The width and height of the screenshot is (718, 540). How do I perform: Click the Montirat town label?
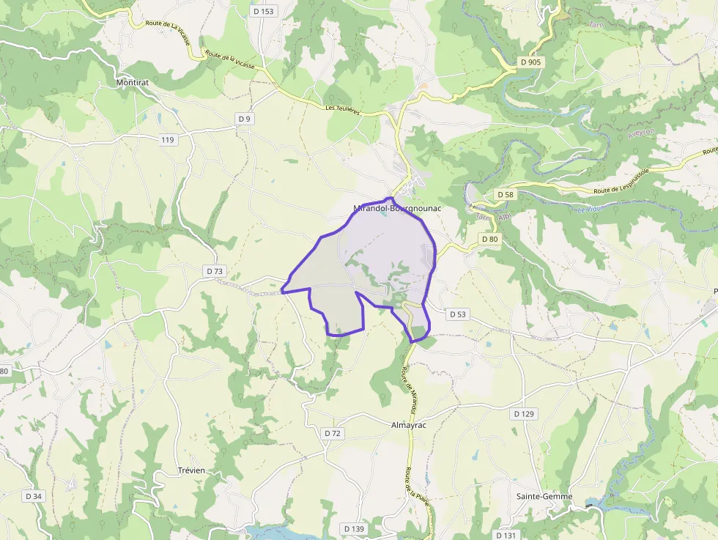[x=133, y=83]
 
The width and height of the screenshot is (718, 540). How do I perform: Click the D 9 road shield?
[x=244, y=119]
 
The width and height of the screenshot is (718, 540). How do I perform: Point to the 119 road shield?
[x=169, y=139]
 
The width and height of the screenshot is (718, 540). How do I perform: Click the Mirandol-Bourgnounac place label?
[x=399, y=208]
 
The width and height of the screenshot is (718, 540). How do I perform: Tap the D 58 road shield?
[x=505, y=195]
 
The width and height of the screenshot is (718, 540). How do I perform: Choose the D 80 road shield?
[x=489, y=240]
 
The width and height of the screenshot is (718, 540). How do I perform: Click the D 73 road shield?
[x=214, y=271]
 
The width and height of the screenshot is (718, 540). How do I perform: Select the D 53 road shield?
[x=457, y=314]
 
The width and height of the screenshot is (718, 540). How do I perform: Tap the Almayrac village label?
[x=409, y=425]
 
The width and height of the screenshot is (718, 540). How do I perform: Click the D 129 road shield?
[x=525, y=414]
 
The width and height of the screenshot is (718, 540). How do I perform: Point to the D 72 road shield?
[x=333, y=433]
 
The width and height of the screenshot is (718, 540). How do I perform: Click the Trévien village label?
[x=192, y=470]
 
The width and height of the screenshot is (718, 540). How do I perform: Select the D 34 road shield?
[x=34, y=496]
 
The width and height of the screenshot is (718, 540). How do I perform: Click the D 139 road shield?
[x=354, y=528]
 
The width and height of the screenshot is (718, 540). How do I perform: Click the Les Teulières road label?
[x=343, y=109]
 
